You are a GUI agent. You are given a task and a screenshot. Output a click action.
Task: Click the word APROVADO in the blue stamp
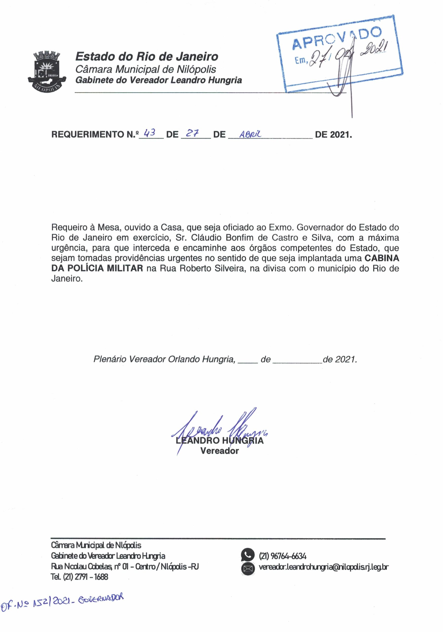click(x=337, y=38)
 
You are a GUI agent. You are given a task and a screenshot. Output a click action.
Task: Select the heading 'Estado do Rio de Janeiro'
click(x=146, y=57)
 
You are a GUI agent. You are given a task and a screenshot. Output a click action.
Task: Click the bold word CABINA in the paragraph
click(x=381, y=258)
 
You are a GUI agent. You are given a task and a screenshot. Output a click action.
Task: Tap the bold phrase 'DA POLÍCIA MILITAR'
click(x=97, y=268)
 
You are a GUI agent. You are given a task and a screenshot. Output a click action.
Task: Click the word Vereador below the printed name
click(x=220, y=451)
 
